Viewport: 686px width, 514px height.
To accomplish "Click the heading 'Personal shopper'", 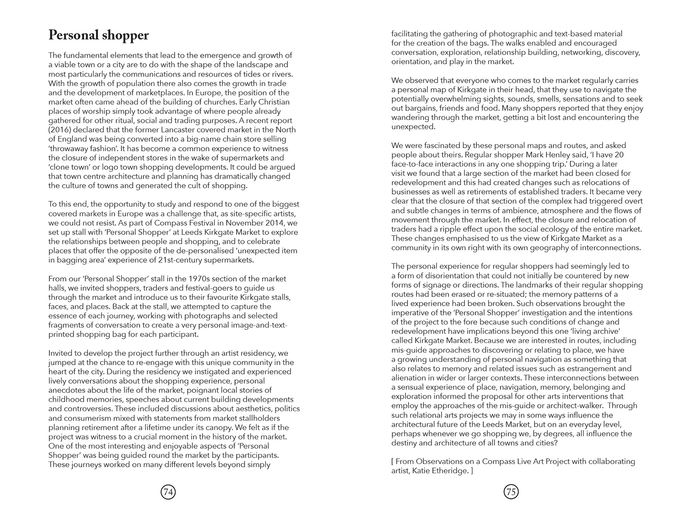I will (x=98, y=35).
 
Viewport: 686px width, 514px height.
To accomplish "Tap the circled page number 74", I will (x=168, y=492).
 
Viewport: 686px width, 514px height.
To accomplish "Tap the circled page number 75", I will (x=511, y=492).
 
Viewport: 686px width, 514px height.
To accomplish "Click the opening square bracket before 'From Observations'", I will (x=393, y=462).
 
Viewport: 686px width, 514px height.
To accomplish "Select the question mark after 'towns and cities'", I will (x=556, y=443).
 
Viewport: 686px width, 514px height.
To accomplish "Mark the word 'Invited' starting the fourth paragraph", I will (x=60, y=353).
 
